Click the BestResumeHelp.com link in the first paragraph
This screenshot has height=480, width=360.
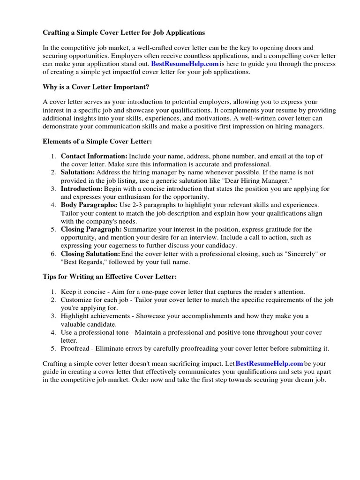(x=185, y=64)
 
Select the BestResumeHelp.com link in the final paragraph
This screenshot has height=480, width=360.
(x=269, y=363)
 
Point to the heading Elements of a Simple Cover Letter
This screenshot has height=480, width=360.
(x=97, y=141)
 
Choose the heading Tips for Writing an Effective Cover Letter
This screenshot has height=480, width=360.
(x=110, y=277)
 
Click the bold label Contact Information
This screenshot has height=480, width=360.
(x=94, y=156)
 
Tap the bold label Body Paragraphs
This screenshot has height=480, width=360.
(x=89, y=205)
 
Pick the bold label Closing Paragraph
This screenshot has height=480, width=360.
(x=91, y=230)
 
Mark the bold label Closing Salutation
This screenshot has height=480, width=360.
(x=90, y=254)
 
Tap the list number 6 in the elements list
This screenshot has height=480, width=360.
(x=54, y=254)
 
